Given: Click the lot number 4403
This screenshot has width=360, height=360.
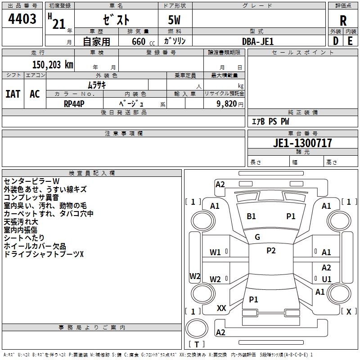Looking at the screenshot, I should (22, 19).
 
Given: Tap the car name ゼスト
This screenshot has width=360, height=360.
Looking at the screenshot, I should (116, 20).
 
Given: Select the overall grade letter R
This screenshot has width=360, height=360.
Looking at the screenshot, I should (343, 20).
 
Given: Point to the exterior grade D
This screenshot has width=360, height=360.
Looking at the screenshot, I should (336, 41).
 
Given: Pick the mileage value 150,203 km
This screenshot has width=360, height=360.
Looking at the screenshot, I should (53, 65).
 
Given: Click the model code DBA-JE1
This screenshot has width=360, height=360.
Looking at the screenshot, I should (258, 41).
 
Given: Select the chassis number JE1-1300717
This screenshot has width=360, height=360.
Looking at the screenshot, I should (302, 143).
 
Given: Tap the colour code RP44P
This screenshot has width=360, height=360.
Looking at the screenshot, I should (74, 103).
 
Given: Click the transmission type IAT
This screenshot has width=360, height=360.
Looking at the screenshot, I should (13, 94).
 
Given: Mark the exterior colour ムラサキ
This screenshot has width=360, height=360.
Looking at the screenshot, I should (97, 85).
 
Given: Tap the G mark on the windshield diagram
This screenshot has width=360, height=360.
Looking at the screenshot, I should (257, 237).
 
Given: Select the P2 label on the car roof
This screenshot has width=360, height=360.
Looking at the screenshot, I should (271, 251).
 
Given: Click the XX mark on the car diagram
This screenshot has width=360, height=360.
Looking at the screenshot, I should (221, 308).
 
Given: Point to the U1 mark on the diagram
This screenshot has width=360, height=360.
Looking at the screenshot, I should (327, 279).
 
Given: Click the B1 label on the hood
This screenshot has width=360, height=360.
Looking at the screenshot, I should (251, 216).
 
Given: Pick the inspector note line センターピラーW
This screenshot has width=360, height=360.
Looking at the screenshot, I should (31, 181).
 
